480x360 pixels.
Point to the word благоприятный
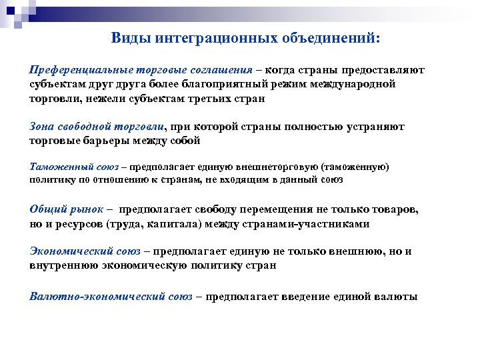point(209,85)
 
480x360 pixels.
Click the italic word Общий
point(47,209)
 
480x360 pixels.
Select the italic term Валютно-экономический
point(111,296)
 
